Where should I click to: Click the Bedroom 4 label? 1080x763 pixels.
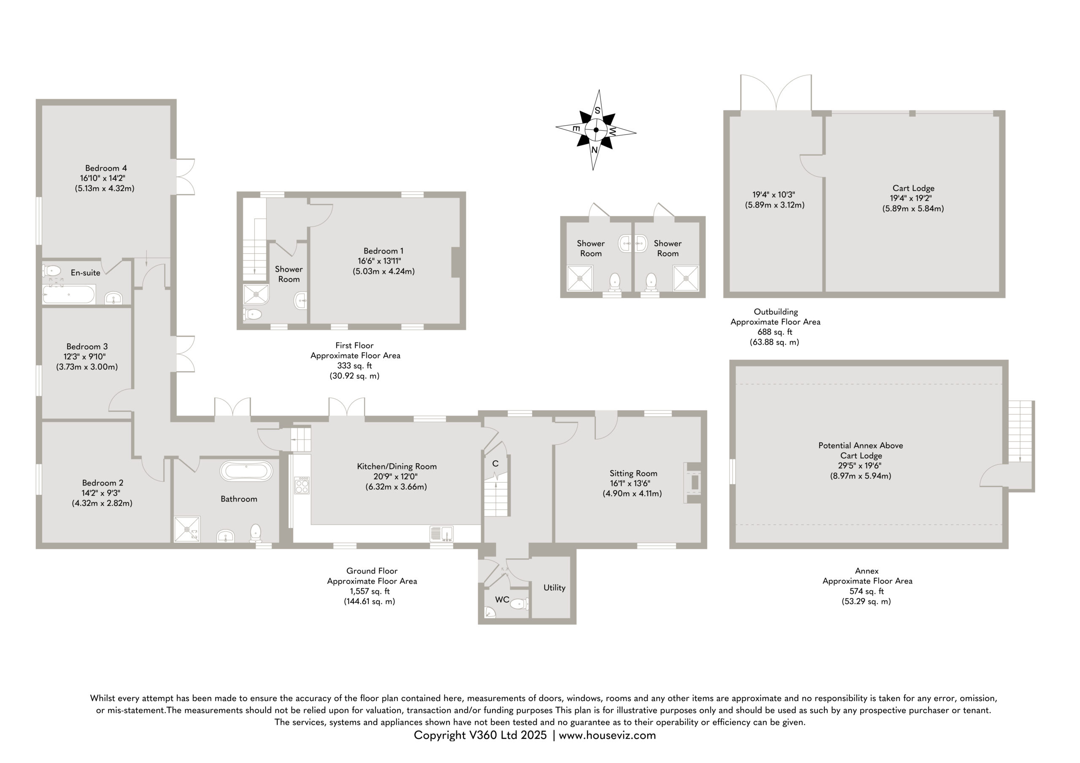tap(106, 168)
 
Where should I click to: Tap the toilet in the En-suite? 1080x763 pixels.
tap(51, 270)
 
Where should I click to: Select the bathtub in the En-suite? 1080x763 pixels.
tap(69, 294)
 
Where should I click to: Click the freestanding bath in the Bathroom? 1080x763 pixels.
tap(246, 471)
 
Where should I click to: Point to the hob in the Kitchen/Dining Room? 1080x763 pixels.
tap(302, 485)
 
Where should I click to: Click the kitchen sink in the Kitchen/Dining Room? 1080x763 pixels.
tap(441, 534)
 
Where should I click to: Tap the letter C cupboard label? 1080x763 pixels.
tap(495, 464)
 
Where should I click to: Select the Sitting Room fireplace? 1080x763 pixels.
tap(693, 483)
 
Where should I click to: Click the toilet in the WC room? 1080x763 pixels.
tap(520, 604)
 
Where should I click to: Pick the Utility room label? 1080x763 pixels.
tap(554, 588)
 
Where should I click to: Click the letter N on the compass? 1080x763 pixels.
tap(594, 150)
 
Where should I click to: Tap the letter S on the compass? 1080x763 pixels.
tap(597, 111)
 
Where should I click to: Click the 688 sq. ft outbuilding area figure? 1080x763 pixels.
tap(775, 332)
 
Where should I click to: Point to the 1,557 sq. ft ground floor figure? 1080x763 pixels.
tap(370, 591)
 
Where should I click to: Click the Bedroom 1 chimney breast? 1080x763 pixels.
tap(455, 262)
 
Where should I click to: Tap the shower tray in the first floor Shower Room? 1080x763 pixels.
tap(256, 295)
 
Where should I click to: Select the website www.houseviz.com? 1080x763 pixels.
tap(607, 735)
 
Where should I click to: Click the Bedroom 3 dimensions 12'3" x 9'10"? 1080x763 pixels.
tap(85, 356)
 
